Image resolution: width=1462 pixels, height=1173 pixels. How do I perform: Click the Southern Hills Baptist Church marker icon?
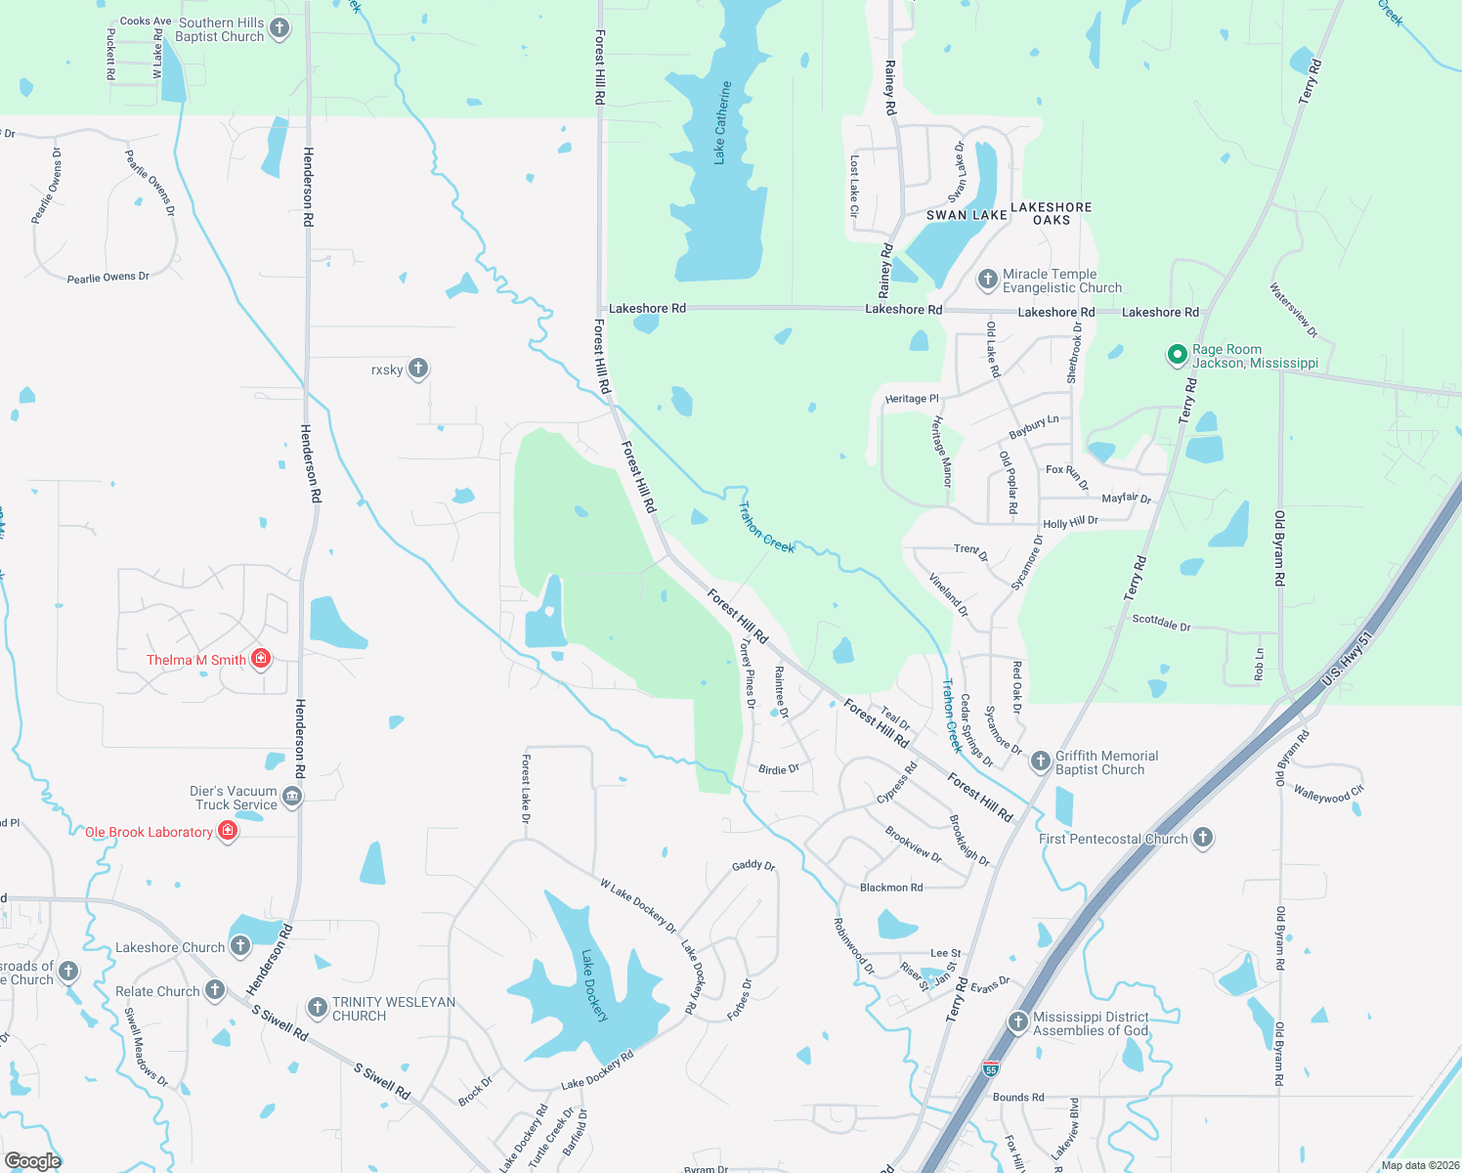click(x=279, y=28)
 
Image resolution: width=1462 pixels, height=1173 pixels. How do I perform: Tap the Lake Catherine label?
click(x=722, y=122)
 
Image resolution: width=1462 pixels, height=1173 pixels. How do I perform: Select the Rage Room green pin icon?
click(x=1178, y=355)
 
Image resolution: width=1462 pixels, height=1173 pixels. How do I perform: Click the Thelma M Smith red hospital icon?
click(x=260, y=659)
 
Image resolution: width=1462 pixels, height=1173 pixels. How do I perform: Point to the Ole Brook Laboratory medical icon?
click(x=228, y=831)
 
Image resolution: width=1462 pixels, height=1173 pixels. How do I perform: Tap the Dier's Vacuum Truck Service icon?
click(x=292, y=797)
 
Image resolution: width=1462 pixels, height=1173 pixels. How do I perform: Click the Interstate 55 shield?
click(x=991, y=1068)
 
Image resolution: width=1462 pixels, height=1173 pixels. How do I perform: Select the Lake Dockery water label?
click(x=595, y=985)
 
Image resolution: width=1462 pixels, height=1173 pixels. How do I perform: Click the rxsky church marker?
click(x=418, y=369)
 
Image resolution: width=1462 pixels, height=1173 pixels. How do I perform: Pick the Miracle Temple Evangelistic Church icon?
click(x=988, y=280)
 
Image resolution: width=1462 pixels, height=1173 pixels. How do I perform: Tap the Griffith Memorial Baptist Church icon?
click(x=1041, y=760)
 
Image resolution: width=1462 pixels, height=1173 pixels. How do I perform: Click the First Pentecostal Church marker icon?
click(x=1203, y=838)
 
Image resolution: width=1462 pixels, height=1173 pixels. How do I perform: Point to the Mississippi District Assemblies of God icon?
click(x=1018, y=1022)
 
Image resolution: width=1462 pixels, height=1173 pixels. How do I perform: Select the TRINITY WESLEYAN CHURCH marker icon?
click(x=318, y=1007)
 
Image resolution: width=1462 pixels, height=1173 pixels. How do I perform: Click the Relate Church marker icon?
click(x=215, y=990)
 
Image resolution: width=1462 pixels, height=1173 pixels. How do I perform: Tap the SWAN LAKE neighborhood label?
click(x=967, y=215)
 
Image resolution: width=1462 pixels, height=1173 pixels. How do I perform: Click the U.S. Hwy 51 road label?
click(x=1348, y=658)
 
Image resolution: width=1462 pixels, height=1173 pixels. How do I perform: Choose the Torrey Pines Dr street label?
click(x=749, y=673)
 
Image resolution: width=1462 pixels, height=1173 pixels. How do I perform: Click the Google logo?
click(x=32, y=1160)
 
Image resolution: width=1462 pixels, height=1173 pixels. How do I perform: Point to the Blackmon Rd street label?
click(x=891, y=888)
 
